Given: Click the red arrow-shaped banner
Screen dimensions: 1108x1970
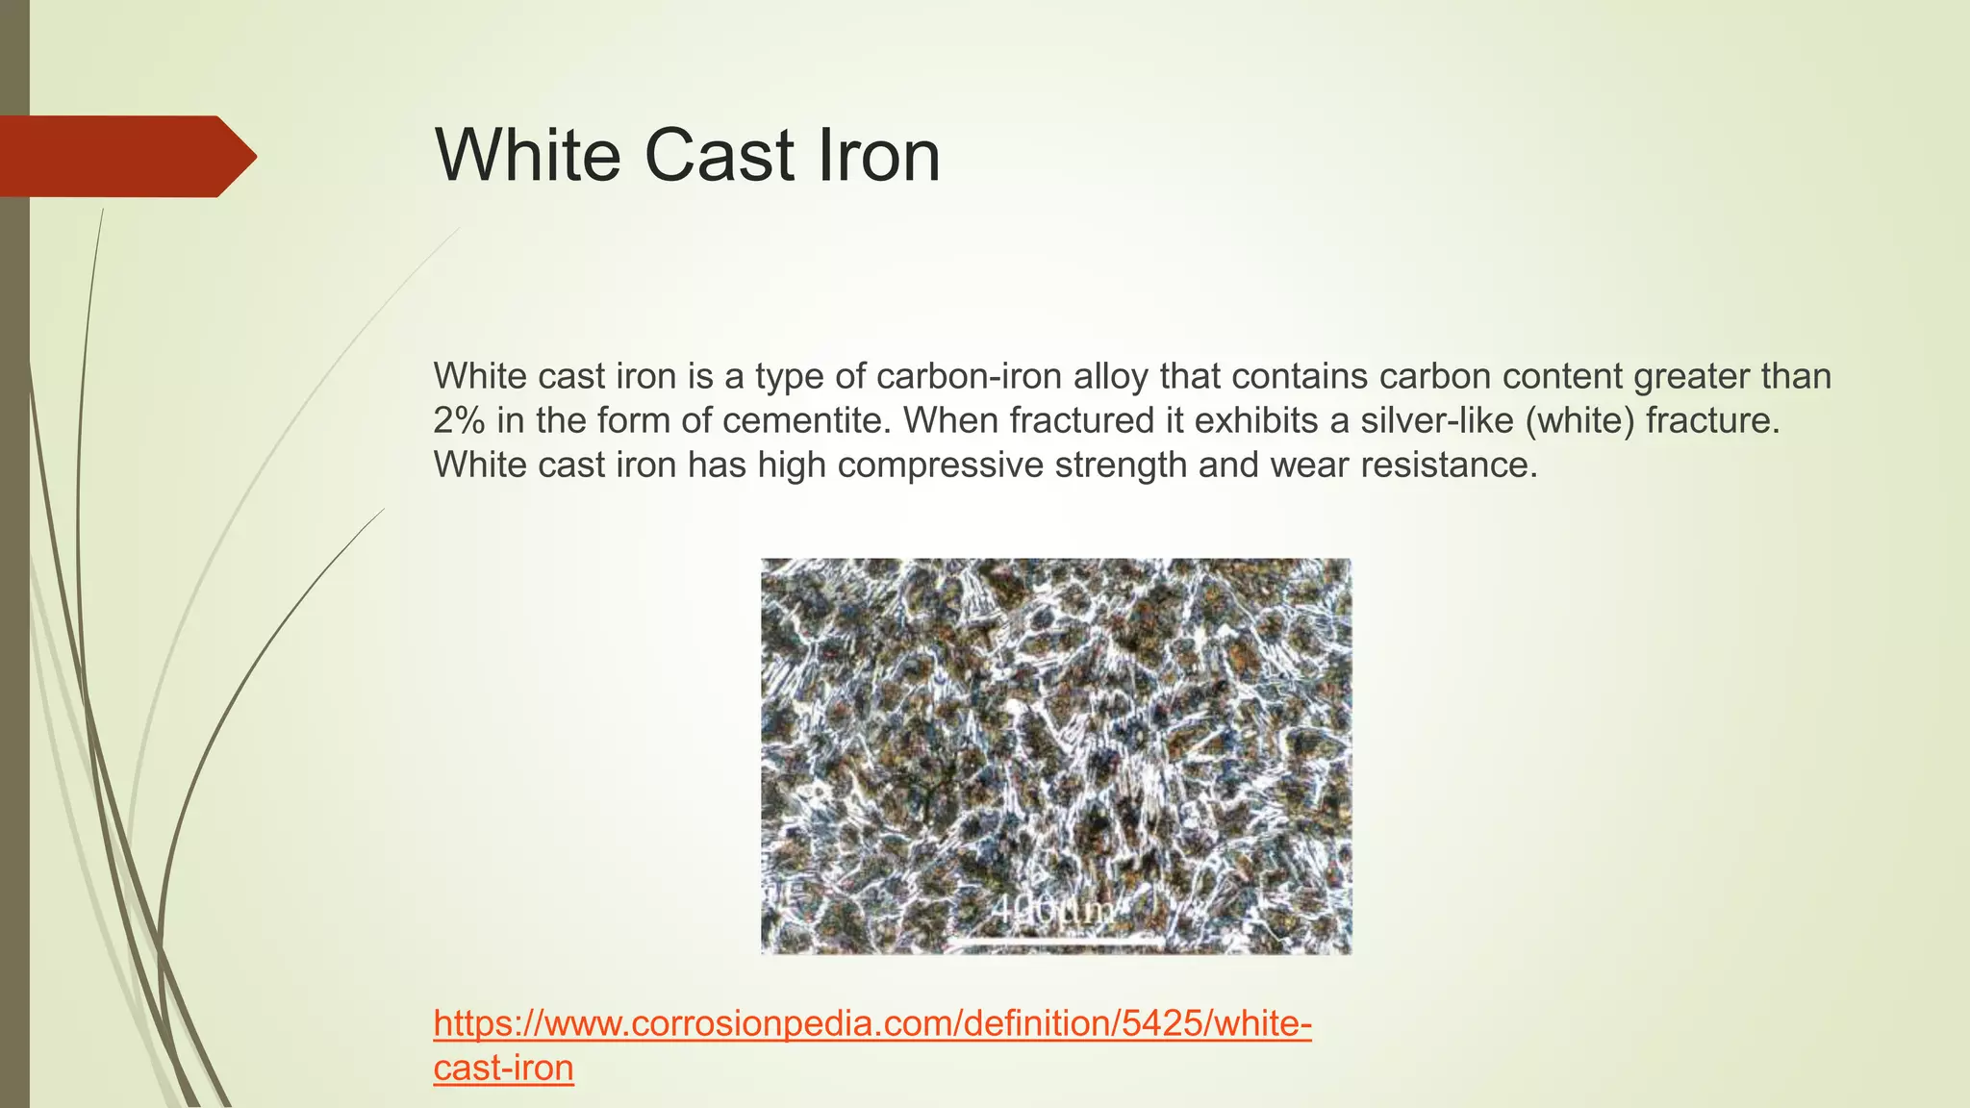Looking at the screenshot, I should pos(125,156).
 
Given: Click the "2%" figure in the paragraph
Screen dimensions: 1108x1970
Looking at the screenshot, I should pos(459,420).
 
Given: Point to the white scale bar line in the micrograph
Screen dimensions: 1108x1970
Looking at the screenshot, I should pos(1058,936).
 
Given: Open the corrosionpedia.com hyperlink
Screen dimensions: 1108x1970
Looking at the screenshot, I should pos(871,1023).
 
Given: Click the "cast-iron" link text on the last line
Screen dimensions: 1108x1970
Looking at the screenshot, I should pos(503,1068).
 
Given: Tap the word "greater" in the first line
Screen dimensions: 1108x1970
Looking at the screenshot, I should pos(1691,376).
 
